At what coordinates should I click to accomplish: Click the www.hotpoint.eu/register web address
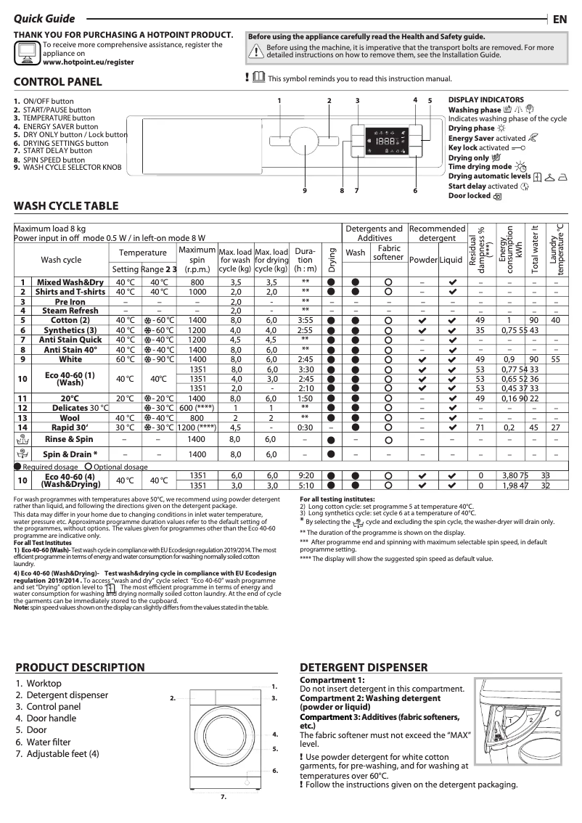pos(88,62)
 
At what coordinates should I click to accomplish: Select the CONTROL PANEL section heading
pos(58,82)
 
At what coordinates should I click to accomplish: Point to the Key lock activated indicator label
pos(479,148)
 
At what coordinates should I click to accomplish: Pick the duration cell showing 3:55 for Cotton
pos(306,320)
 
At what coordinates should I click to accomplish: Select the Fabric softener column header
pos(388,253)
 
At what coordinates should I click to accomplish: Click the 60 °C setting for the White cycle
pos(125,359)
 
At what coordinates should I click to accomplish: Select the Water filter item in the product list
pos(49,742)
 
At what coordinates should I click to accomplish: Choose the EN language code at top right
pos(560,20)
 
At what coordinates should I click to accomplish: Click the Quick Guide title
pos(44,20)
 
